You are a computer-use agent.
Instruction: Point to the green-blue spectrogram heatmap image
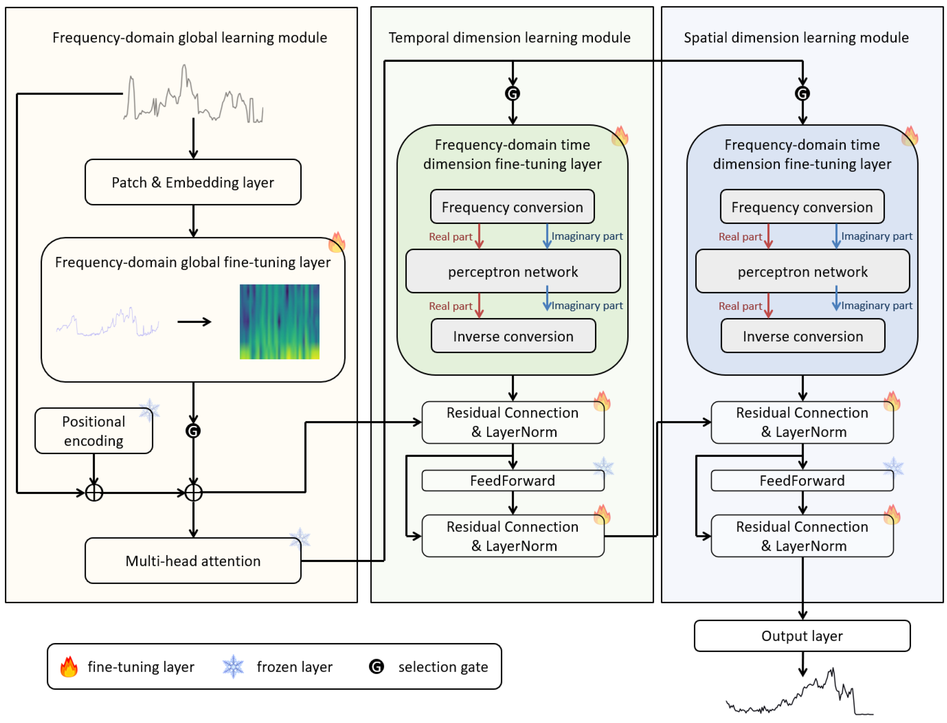coord(279,321)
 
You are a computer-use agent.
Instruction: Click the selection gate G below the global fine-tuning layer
coord(193,431)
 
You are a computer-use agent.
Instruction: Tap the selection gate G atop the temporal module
coord(512,93)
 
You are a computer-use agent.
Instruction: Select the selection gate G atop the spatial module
coord(802,93)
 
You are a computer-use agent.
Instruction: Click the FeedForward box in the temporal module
coord(512,480)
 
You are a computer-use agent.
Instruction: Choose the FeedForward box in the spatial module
coord(802,480)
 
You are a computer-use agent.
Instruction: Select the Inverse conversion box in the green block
coord(513,336)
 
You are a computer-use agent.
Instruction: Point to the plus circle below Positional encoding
coord(94,492)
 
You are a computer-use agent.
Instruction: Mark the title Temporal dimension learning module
coord(509,38)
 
